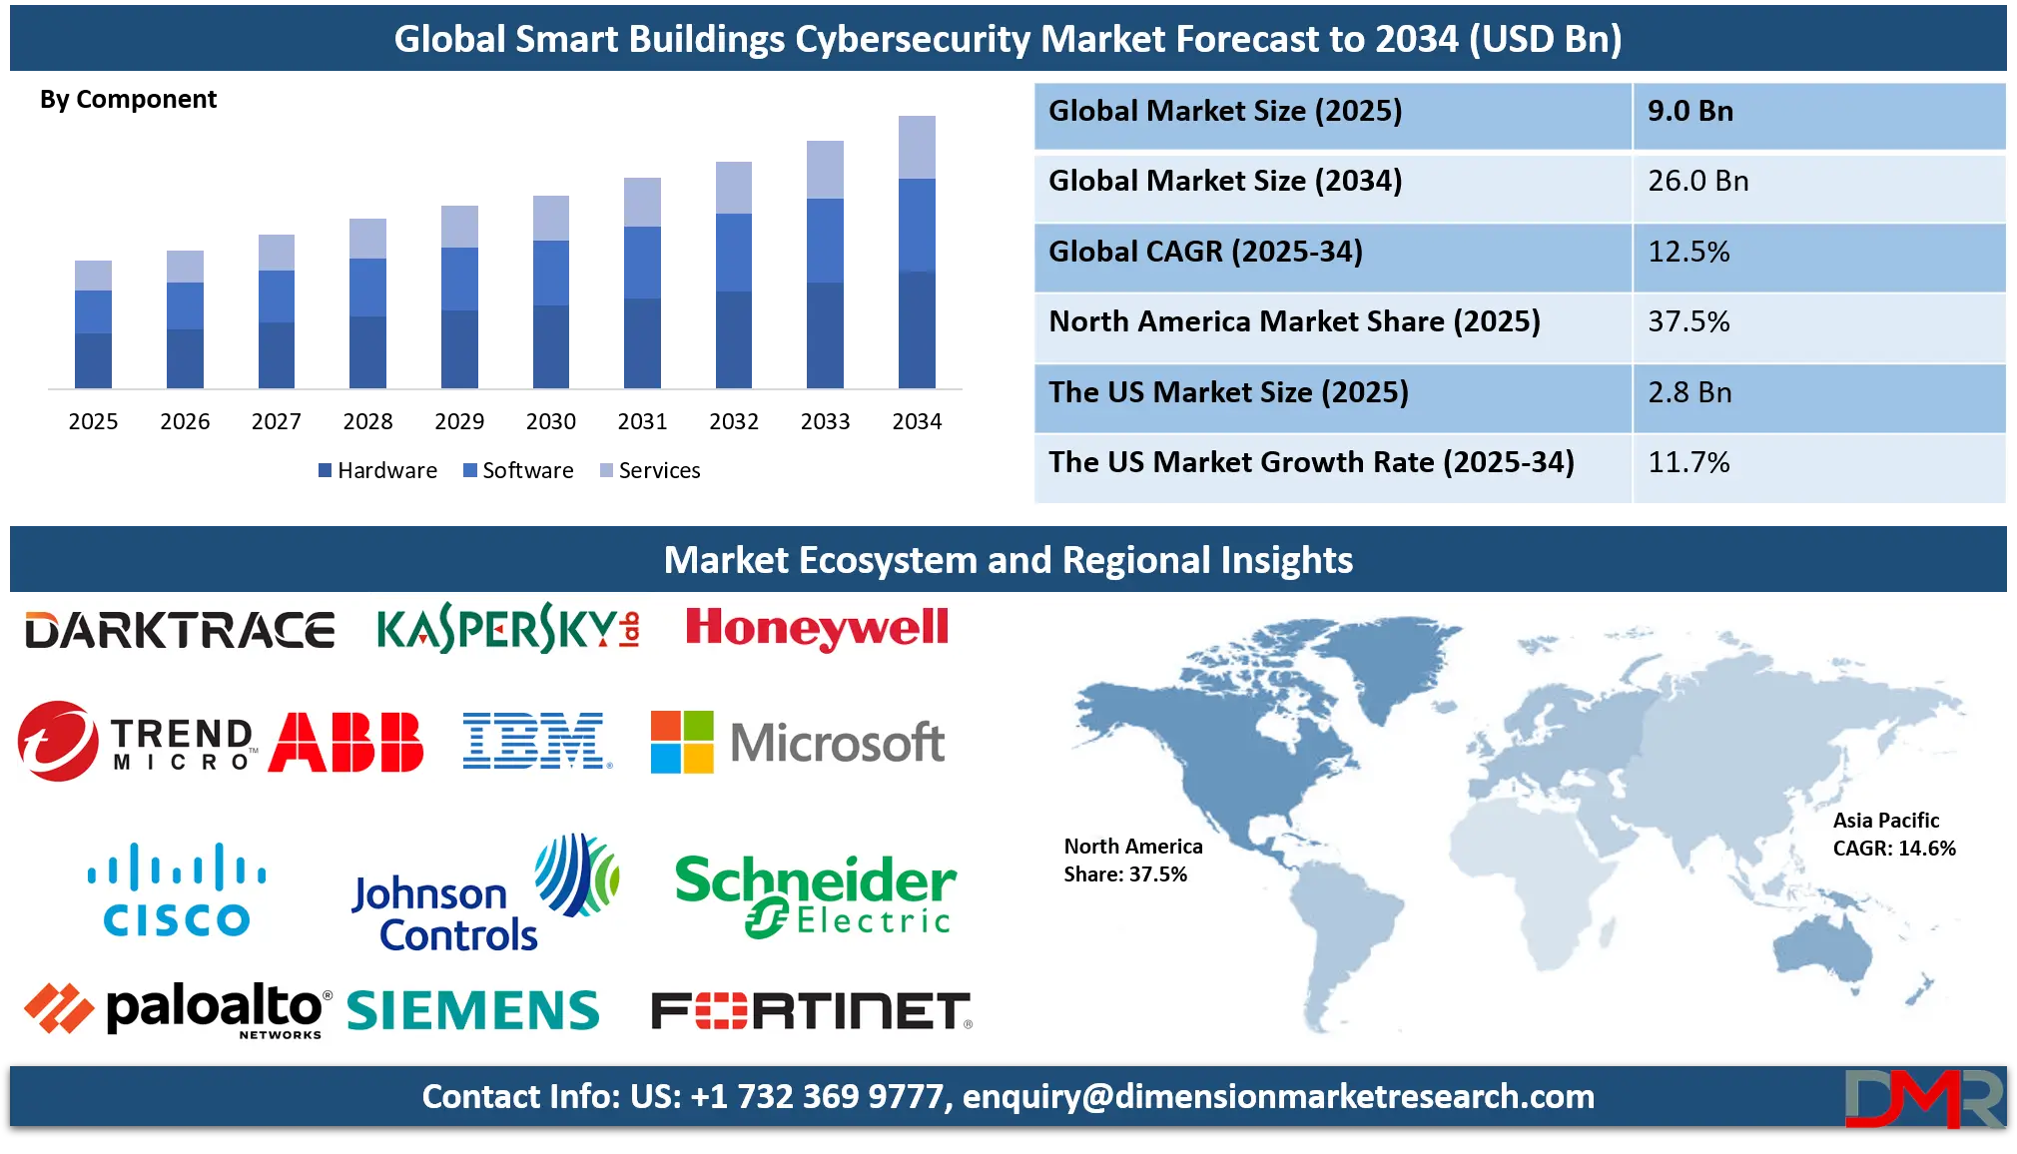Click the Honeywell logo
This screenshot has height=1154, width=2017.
click(x=817, y=629)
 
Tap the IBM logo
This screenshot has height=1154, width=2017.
click(x=537, y=741)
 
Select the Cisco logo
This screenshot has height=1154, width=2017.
click(x=177, y=891)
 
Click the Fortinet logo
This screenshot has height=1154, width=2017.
click(x=810, y=1011)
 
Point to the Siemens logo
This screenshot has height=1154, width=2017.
click(x=472, y=1010)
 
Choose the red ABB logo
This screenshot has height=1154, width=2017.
click(x=345, y=742)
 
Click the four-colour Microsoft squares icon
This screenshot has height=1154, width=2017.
click(x=682, y=742)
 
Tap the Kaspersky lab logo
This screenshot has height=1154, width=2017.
click(x=508, y=629)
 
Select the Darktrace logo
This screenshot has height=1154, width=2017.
click(x=180, y=631)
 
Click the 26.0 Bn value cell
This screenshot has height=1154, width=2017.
click(x=1697, y=182)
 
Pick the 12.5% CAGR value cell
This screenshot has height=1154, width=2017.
click(x=1688, y=252)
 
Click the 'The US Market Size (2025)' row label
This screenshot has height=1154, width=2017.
click(x=1228, y=392)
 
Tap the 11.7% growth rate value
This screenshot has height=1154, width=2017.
click(x=1688, y=462)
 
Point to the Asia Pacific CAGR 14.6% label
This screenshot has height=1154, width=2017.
click(x=1893, y=835)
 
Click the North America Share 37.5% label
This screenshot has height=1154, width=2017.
click(x=1132, y=861)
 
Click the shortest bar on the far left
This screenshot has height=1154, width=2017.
click(x=92, y=321)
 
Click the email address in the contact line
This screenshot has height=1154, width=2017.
click(x=1278, y=1096)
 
